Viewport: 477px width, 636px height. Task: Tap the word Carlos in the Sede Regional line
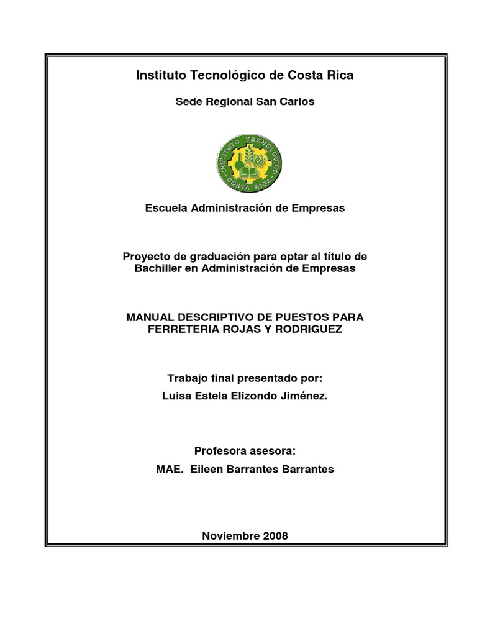click(x=298, y=102)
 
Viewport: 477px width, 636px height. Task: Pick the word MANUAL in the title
click(x=150, y=317)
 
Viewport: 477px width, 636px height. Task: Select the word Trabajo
click(x=186, y=378)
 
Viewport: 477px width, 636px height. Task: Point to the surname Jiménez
click(x=304, y=396)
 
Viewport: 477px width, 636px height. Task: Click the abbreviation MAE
click(x=168, y=469)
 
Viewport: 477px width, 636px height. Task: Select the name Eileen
click(x=207, y=469)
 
